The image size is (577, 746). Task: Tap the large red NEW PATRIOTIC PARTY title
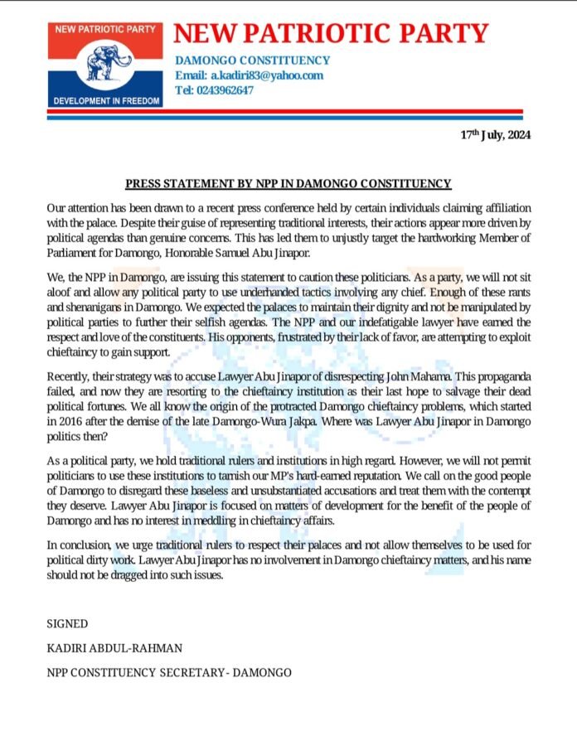(x=331, y=33)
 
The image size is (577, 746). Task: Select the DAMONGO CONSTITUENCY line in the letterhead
(x=252, y=61)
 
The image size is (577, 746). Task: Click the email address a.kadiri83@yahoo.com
(x=249, y=75)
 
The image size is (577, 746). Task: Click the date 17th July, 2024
(x=496, y=136)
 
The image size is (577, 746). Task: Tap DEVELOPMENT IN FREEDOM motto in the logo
(x=105, y=99)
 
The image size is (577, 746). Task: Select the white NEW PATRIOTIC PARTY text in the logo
(x=105, y=27)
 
